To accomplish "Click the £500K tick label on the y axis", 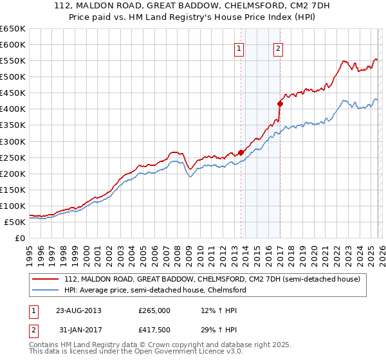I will point(13,76).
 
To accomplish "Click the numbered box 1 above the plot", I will point(239,48).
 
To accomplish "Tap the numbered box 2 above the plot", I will point(278,48).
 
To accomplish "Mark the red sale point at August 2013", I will point(241,152).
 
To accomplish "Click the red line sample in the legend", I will point(46,279).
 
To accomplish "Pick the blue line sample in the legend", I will point(46,290).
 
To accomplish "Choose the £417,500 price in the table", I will point(154,330).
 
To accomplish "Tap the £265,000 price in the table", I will point(154,310).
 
